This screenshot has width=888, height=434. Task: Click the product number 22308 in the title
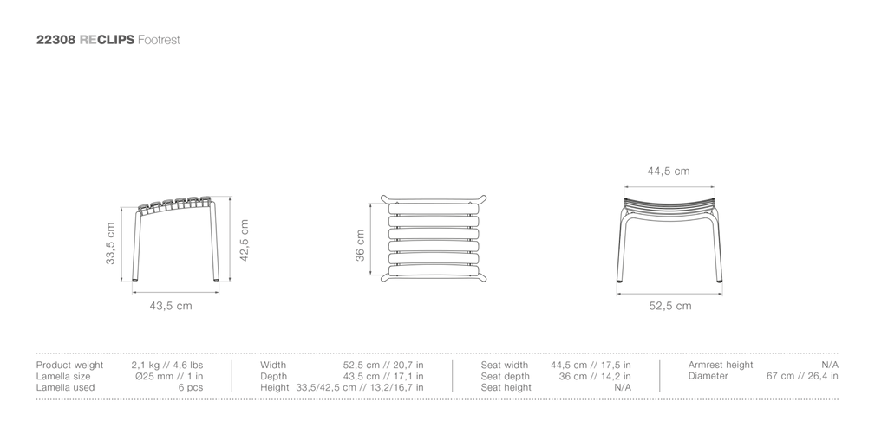pos(55,40)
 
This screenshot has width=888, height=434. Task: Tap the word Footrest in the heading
pos(159,40)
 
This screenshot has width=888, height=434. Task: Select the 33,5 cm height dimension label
pos(110,243)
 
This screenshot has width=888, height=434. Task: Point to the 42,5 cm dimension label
pos(244,241)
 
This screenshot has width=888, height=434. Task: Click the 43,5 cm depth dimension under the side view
pos(171,306)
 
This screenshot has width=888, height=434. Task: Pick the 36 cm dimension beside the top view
pos(360,245)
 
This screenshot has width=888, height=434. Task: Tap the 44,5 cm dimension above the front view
pos(669,171)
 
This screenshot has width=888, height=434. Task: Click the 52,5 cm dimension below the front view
pos(670,306)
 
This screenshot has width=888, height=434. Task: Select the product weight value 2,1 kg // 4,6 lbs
pos(167,365)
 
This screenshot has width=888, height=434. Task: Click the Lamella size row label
pos(63,376)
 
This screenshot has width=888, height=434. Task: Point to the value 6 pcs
pos(191,387)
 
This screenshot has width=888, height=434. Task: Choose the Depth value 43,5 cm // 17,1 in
pos(383,376)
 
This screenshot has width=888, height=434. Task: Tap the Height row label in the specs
pos(275,387)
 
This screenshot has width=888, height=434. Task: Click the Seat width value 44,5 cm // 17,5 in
pos(591,365)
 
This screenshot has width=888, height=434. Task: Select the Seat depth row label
pos(506,376)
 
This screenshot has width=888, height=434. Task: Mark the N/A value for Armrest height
pos(830,365)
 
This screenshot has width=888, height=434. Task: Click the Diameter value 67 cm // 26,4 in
pos(802,376)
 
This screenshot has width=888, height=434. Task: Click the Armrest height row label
pos(721,365)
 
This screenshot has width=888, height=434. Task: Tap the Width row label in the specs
pos(273,365)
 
